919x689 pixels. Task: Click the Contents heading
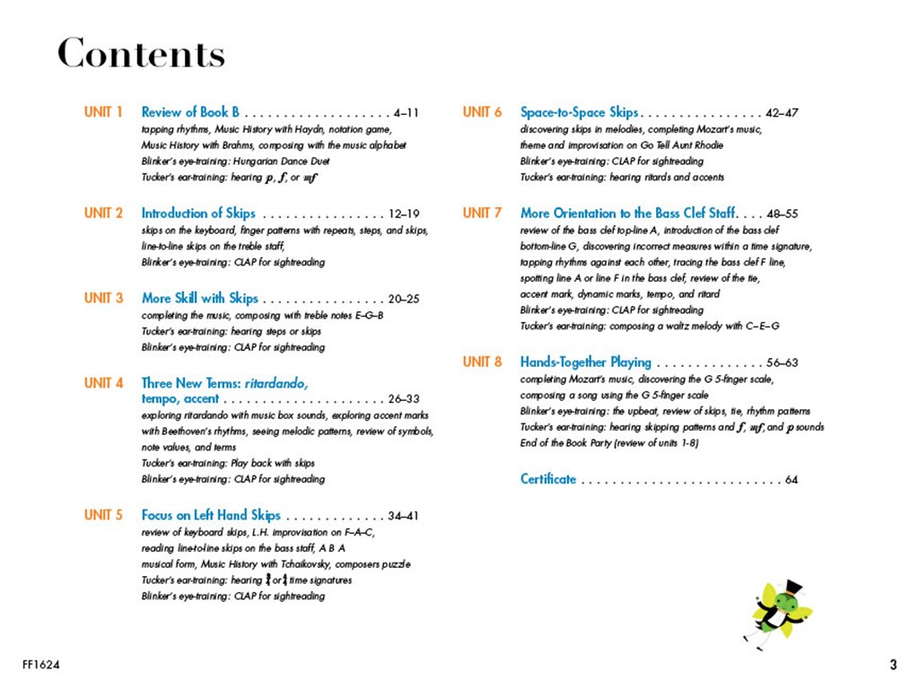tap(141, 55)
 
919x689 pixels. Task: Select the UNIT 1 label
tap(103, 112)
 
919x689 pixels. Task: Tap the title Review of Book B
tap(190, 112)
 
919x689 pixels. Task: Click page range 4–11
tap(406, 113)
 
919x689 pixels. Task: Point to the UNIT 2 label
tap(103, 214)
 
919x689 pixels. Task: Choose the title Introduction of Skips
tap(198, 214)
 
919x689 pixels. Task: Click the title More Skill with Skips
tap(199, 298)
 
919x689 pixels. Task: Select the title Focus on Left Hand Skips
tap(211, 515)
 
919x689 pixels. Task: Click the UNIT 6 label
tap(482, 112)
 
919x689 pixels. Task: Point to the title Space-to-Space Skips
tap(579, 112)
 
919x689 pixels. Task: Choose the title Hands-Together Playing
tap(585, 362)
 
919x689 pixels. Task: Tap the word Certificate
tap(548, 479)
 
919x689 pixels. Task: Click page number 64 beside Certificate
tap(791, 480)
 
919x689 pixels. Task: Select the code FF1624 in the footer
tap(41, 665)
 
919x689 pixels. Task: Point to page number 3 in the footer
tap(892, 665)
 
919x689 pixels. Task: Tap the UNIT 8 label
tap(482, 362)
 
